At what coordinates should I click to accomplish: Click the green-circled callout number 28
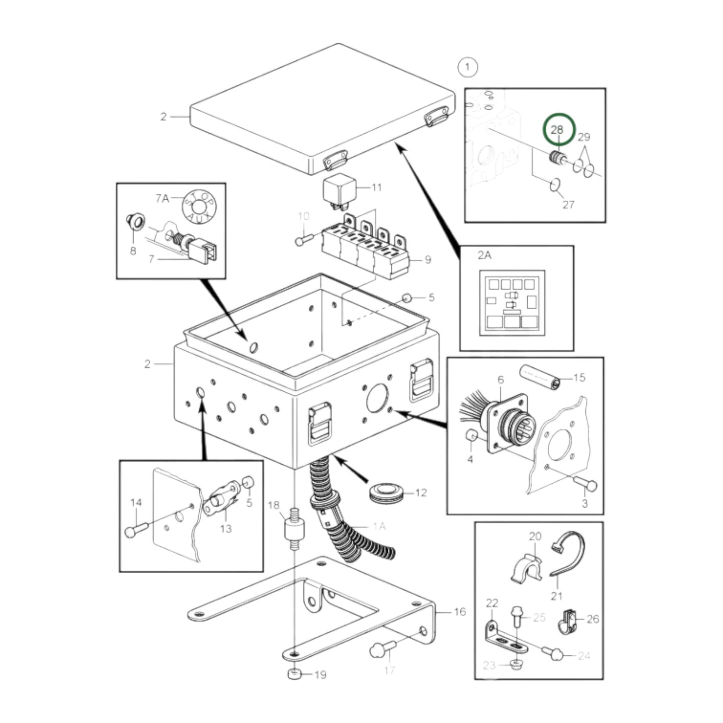(557, 129)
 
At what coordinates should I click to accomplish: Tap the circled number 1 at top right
(467, 67)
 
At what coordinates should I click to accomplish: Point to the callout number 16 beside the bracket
(460, 611)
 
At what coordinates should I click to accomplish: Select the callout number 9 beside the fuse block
(427, 259)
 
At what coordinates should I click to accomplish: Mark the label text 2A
(484, 255)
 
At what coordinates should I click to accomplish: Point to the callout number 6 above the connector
(500, 380)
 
